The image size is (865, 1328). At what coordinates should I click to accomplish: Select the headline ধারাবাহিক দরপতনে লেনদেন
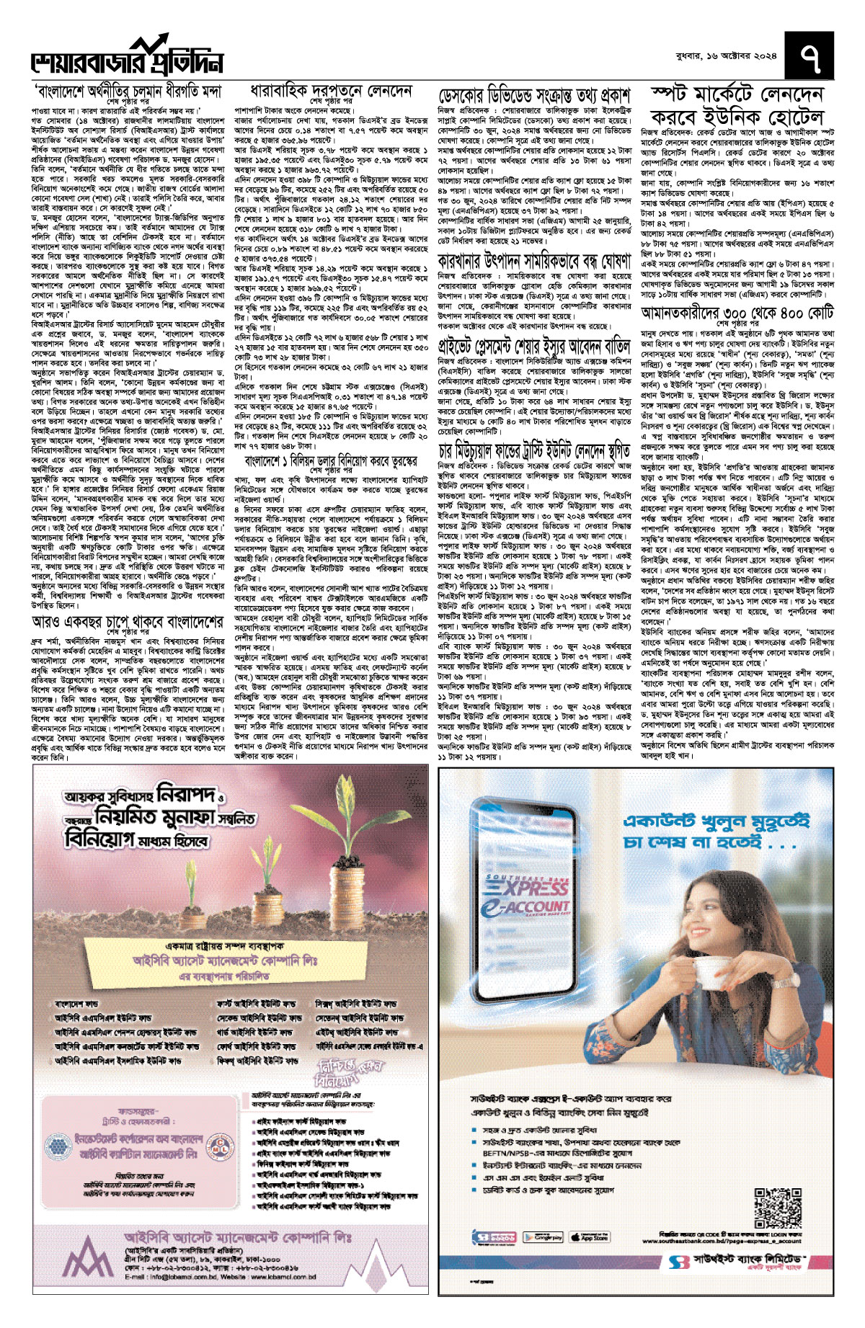coord(331,92)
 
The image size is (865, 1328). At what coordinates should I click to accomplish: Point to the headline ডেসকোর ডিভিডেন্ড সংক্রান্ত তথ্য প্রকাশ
coord(534,95)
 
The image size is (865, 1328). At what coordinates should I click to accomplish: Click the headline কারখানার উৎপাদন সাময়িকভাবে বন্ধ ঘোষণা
coord(534,261)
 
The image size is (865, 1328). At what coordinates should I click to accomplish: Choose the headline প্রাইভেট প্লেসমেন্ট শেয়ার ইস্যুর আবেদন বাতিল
coord(534,342)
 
